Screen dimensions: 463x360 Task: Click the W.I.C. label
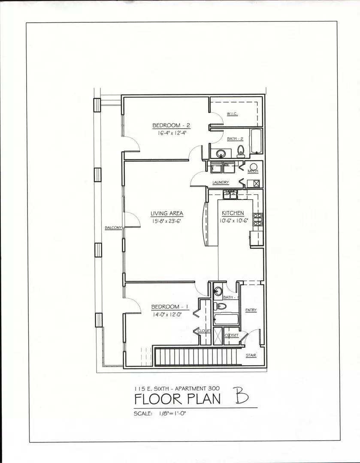coord(232,114)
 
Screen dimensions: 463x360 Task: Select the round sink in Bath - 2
coord(221,153)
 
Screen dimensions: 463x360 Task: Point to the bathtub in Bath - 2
coord(257,141)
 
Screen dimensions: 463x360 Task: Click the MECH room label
coord(253,171)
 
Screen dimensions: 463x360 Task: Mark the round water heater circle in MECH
coord(254,167)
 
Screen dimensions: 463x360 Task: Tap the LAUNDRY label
coord(221,183)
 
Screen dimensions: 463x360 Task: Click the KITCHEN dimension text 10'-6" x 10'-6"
coord(233,221)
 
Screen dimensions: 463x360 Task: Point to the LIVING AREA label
coord(166,213)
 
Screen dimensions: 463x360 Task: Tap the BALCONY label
coord(114,228)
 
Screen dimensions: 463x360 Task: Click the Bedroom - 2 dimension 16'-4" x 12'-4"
coord(171,133)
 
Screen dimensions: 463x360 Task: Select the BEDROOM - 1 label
coord(170,307)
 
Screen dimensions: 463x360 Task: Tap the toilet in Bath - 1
coord(221,306)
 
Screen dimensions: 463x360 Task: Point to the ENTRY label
coord(251,310)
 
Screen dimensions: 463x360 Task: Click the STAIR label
coord(251,355)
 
